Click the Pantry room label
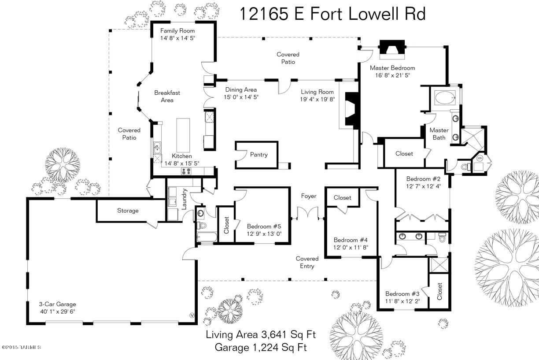coord(258,155)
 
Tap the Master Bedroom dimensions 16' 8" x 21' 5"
coord(392,75)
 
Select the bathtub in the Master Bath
coord(445,97)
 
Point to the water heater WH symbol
coord(480,158)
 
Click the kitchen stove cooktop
coord(186,171)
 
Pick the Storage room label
coord(128,211)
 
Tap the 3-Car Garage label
coord(58,304)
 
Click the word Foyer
coord(309,196)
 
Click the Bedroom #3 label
coord(402,294)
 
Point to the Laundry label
coord(184,199)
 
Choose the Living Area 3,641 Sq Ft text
coord(261,334)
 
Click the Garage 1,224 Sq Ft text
coord(261,348)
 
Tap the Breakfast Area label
coord(167,96)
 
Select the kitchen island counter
coord(183,135)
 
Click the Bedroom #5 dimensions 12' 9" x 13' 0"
coord(264,234)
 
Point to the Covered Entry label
coord(307,262)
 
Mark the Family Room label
coord(177,31)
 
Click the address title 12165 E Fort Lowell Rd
coord(332,14)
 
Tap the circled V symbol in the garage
coord(192,315)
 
